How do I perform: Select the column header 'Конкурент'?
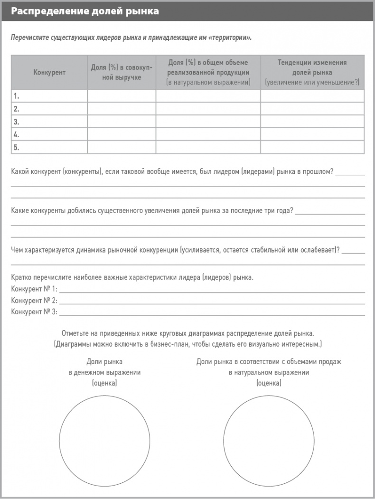(x=49, y=72)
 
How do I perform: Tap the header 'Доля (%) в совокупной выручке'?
(x=122, y=72)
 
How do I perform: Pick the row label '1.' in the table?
(x=17, y=96)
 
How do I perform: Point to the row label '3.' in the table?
(x=17, y=122)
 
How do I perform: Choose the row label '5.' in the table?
(x=17, y=147)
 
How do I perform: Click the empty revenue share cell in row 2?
(x=122, y=109)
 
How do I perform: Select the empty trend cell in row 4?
(x=312, y=134)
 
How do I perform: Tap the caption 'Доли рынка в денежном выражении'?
(x=104, y=367)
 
